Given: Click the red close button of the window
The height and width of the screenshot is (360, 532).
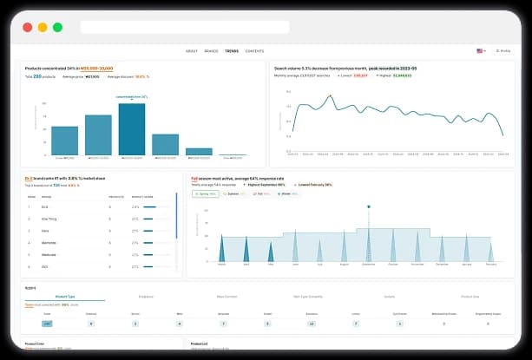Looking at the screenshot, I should (27, 27).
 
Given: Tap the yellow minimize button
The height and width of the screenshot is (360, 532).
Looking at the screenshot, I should (42, 27).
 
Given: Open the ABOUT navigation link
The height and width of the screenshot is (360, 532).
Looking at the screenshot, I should (192, 51).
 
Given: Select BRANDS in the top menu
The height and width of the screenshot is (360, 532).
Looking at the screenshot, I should (211, 51).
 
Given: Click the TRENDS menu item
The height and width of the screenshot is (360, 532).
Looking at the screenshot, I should (232, 51).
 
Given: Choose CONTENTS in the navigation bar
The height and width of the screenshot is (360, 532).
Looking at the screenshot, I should (254, 51).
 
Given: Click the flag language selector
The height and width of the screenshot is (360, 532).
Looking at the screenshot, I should (480, 51).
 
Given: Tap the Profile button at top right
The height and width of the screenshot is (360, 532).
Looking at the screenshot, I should (502, 51).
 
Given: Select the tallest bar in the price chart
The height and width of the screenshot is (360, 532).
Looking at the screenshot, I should (131, 128).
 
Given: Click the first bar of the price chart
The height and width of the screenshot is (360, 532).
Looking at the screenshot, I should (64, 140).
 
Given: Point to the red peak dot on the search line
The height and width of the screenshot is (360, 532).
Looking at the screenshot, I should (329, 96).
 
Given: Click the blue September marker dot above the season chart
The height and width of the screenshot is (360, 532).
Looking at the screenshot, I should (369, 206).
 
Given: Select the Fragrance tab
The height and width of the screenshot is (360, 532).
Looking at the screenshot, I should (145, 296).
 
